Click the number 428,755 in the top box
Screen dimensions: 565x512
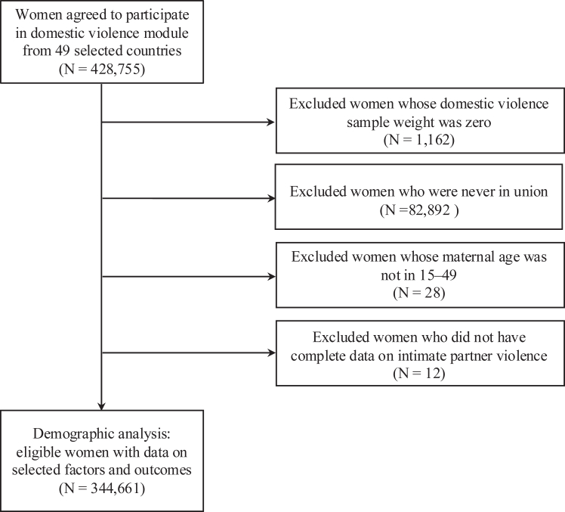(x=115, y=69)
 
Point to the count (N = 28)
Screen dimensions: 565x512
(x=419, y=293)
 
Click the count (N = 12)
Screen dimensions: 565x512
(x=419, y=374)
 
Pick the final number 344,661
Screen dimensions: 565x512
(x=115, y=489)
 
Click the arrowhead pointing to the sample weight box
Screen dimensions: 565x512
(x=271, y=123)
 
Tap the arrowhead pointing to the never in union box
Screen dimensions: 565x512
(x=271, y=198)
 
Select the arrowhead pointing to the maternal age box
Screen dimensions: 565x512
(x=271, y=277)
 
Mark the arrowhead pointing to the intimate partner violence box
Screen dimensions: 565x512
(x=271, y=352)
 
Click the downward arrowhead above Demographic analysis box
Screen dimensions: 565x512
(x=102, y=406)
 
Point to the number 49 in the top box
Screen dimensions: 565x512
(x=63, y=51)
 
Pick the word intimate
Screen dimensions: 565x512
(x=421, y=355)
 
